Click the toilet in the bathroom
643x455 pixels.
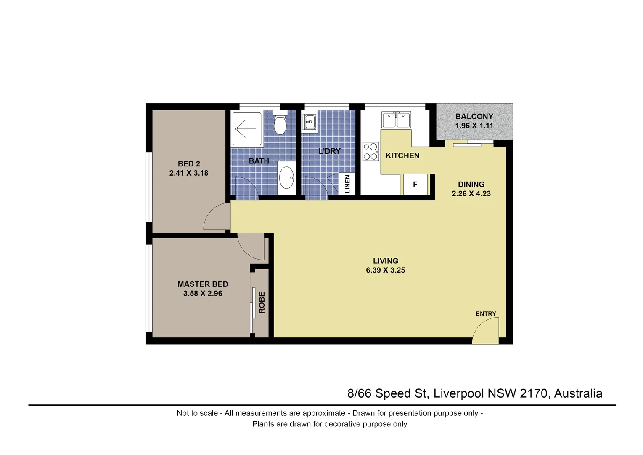pos(280,123)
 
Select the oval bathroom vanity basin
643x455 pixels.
pos(287,178)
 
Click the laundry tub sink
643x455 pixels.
pos(310,122)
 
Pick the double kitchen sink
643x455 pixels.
pos(396,120)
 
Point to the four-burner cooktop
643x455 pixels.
pos(370,152)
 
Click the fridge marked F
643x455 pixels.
pos(415,184)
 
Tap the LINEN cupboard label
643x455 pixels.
pos(347,184)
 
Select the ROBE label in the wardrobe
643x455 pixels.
pos(262,302)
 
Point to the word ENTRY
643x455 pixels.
pos(486,313)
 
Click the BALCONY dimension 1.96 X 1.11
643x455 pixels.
pos(474,126)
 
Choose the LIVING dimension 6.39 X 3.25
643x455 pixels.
pos(385,270)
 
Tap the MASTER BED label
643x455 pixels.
pos(203,284)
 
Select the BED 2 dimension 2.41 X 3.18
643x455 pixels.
pos(189,173)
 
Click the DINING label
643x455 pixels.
pos(471,184)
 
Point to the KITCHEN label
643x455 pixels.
pos(402,155)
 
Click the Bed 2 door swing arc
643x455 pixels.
pos(214,217)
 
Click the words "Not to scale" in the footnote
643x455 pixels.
pos(197,413)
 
